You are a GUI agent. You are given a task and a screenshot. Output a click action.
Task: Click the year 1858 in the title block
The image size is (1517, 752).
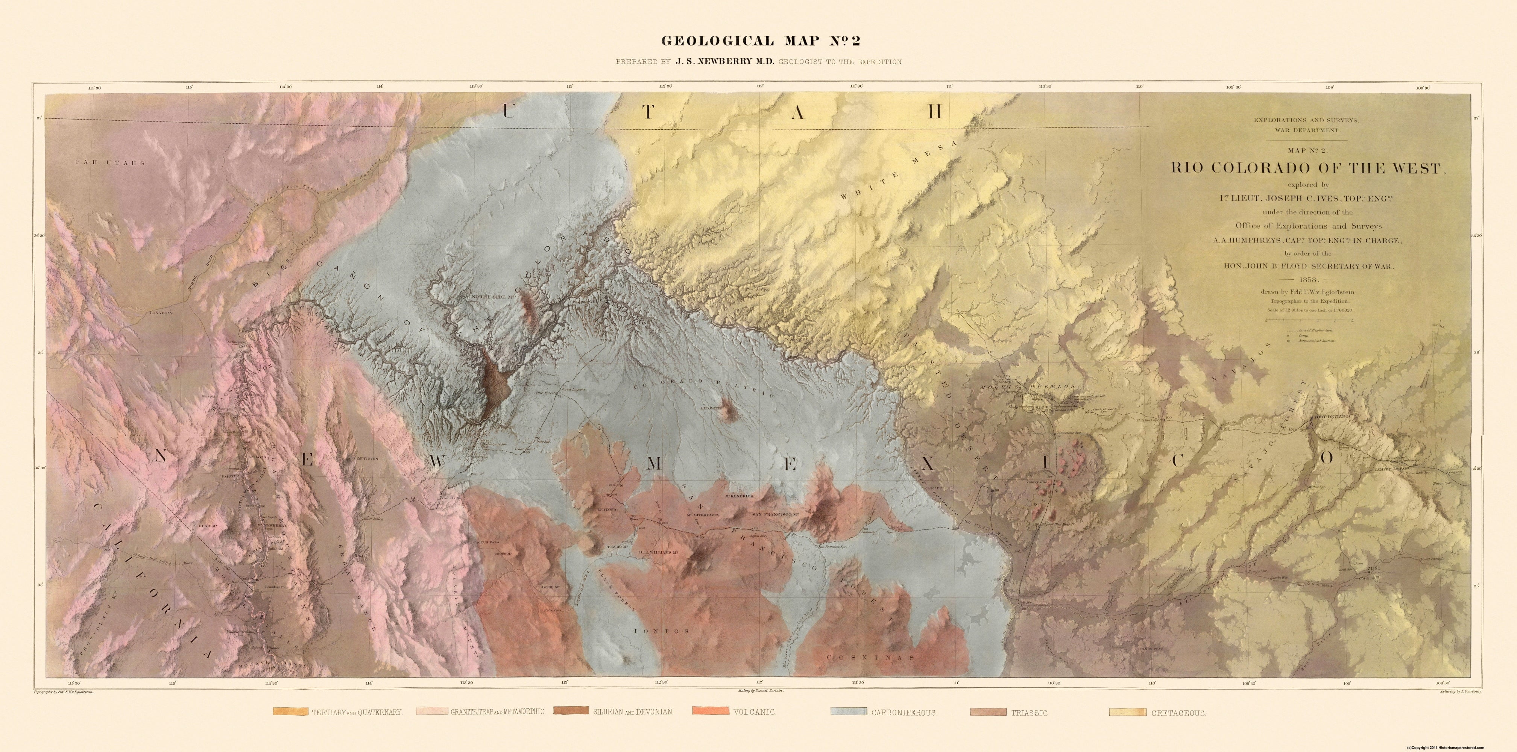click(x=1306, y=279)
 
